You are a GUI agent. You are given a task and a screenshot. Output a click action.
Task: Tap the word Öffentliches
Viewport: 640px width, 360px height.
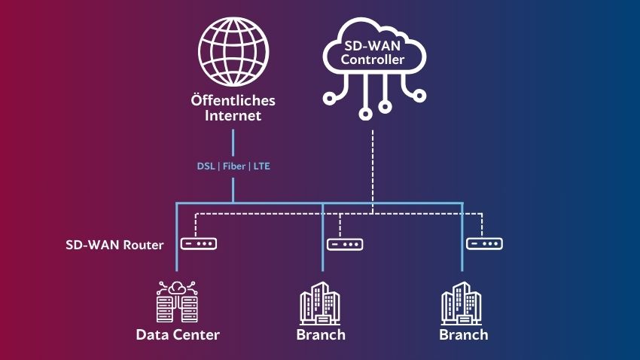pyautogui.click(x=233, y=100)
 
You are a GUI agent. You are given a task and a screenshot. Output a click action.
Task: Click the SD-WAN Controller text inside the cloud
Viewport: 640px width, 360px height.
pyautogui.click(x=374, y=53)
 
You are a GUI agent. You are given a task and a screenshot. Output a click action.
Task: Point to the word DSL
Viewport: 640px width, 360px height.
pyautogui.click(x=206, y=166)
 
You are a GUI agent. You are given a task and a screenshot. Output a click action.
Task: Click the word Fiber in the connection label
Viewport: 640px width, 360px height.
pyautogui.click(x=233, y=166)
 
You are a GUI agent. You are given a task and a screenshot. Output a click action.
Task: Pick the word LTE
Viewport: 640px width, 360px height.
pyautogui.click(x=261, y=166)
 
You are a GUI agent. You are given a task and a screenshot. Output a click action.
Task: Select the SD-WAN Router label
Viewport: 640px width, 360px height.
pyautogui.click(x=114, y=245)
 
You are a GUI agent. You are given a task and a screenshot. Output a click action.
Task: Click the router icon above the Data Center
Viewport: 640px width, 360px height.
pyautogui.click(x=200, y=244)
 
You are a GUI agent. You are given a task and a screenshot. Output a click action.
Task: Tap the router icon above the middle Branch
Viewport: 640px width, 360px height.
pyautogui.click(x=345, y=244)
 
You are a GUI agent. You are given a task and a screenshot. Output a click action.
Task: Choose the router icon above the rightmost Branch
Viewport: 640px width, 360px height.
pyautogui.click(x=484, y=243)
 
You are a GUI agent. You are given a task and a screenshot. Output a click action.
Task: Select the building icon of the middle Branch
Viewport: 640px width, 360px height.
pyautogui.click(x=321, y=304)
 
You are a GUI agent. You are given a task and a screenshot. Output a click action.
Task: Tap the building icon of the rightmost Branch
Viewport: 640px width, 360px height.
pyautogui.click(x=462, y=304)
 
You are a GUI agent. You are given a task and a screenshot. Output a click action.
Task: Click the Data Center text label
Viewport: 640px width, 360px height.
pyautogui.click(x=178, y=334)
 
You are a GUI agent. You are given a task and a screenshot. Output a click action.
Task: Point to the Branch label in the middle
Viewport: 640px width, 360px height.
pyautogui.click(x=321, y=334)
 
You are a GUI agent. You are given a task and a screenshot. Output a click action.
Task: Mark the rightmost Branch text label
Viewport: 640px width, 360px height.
pyautogui.click(x=463, y=334)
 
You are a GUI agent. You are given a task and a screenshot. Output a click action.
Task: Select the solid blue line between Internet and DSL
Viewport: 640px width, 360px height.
pyautogui.click(x=233, y=143)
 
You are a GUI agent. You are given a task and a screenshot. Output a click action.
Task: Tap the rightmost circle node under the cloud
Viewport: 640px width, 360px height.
pyautogui.click(x=419, y=96)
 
